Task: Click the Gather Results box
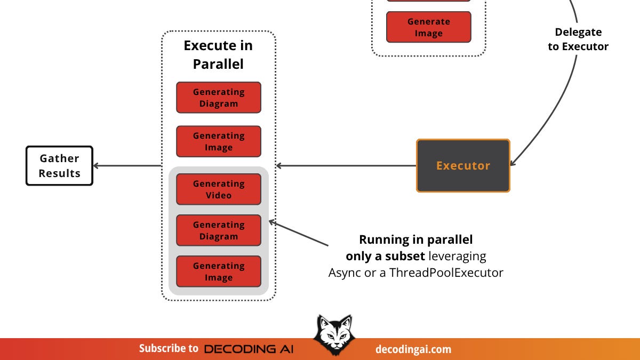[59, 166]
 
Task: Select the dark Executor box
[463, 165]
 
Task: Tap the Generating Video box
[219, 189]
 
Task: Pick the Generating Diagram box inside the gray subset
[219, 230]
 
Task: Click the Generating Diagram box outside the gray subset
[219, 98]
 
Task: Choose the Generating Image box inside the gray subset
[219, 271]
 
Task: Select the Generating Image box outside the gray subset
[219, 141]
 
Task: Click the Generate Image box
[429, 27]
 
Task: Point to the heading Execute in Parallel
[218, 54]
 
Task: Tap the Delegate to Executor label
[578, 39]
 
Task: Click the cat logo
[332, 335]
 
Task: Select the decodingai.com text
[413, 349]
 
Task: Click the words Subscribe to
[169, 349]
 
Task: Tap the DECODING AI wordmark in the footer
[249, 349]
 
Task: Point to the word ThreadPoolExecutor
[446, 273]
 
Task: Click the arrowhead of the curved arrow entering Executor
[513, 163]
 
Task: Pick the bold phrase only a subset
[385, 256]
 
